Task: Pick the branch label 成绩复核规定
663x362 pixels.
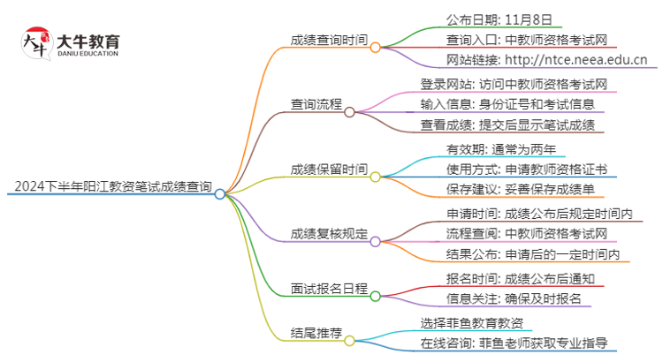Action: (x=329, y=234)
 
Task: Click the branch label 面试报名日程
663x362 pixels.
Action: (x=329, y=288)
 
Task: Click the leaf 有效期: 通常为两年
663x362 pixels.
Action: (x=499, y=148)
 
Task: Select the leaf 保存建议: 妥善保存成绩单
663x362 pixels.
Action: (x=512, y=190)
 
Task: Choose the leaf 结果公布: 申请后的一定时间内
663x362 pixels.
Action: (x=531, y=255)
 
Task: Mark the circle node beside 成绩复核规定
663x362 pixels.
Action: (x=375, y=241)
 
